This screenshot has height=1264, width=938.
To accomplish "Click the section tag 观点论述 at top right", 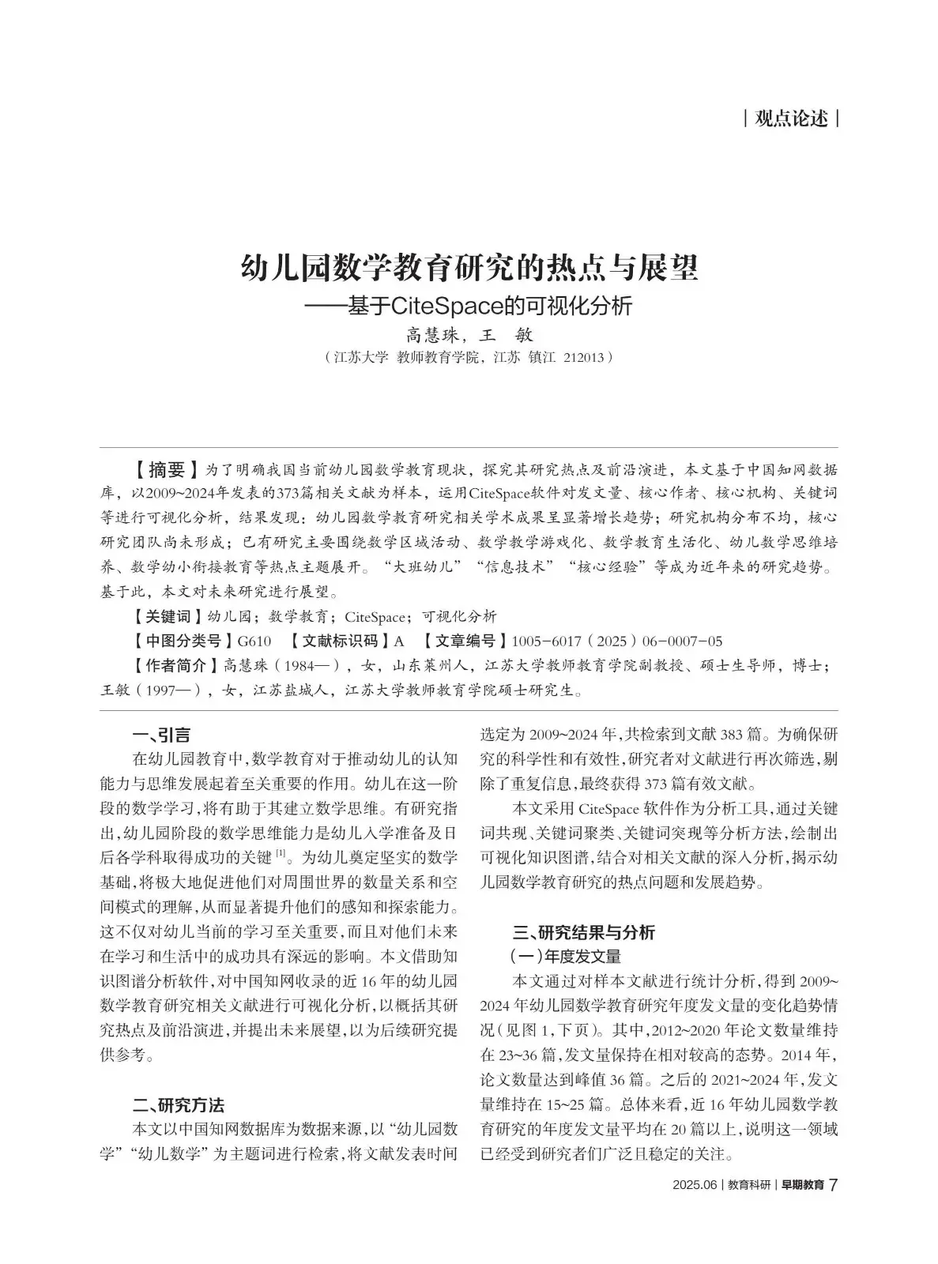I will (x=791, y=119).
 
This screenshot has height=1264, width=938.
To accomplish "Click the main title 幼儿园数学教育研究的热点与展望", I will (x=469, y=268).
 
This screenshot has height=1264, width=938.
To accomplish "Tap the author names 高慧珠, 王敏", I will (x=469, y=334).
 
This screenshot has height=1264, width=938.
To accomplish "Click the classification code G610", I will (x=254, y=641).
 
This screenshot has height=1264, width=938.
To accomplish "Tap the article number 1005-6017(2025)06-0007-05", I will (x=617, y=641).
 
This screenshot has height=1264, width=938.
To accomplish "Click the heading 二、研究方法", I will (x=179, y=1104).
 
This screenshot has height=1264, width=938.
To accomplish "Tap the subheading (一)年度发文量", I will (x=566, y=957).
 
